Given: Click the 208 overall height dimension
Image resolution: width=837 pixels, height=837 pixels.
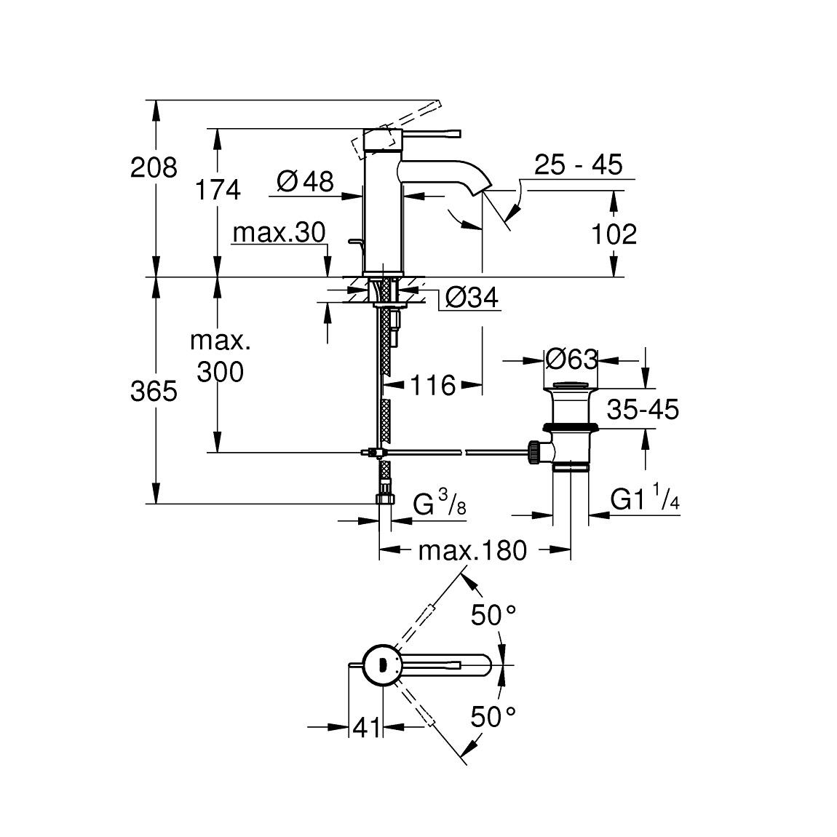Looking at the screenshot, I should [x=154, y=168].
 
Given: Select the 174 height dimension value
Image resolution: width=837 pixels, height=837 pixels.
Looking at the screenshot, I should [x=217, y=190].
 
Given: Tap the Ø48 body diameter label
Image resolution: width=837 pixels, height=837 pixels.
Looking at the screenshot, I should [x=305, y=181].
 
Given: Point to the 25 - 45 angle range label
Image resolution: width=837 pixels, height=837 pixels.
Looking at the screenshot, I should [x=578, y=165].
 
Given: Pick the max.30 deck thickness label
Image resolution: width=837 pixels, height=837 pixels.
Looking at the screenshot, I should [x=279, y=233].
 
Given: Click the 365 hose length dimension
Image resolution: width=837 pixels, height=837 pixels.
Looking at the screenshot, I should [x=154, y=392].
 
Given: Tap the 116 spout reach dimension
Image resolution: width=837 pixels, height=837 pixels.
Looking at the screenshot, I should [x=431, y=385].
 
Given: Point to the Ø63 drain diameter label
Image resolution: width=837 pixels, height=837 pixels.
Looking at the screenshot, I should [x=571, y=359].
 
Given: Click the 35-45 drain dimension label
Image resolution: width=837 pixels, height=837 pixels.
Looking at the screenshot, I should [x=643, y=410].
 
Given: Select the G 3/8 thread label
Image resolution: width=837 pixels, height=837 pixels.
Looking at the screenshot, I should [x=440, y=504].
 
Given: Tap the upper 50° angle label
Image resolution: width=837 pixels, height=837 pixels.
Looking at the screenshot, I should [x=493, y=616].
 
